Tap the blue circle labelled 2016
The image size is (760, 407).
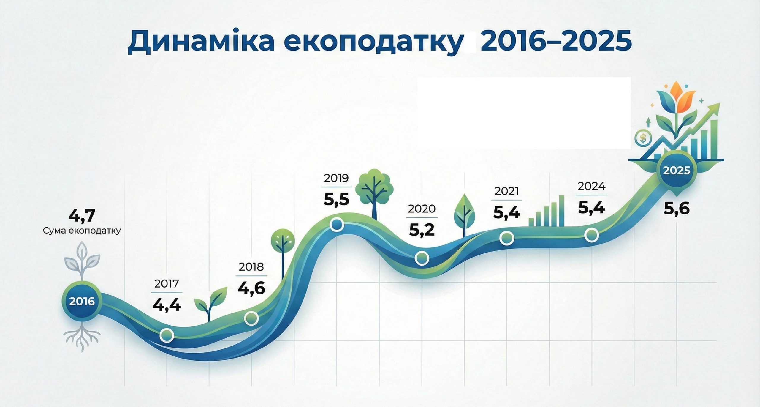[82, 302]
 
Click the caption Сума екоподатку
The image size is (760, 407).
[82, 231]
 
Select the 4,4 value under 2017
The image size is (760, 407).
[167, 305]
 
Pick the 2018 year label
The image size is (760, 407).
[251, 267]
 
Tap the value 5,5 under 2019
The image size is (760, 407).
[336, 200]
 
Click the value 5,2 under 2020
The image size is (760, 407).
[422, 230]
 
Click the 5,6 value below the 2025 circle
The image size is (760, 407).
[677, 209]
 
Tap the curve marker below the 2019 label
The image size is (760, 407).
[337, 225]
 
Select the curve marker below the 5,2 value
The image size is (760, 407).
[422, 258]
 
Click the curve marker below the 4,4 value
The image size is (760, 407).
[167, 335]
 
